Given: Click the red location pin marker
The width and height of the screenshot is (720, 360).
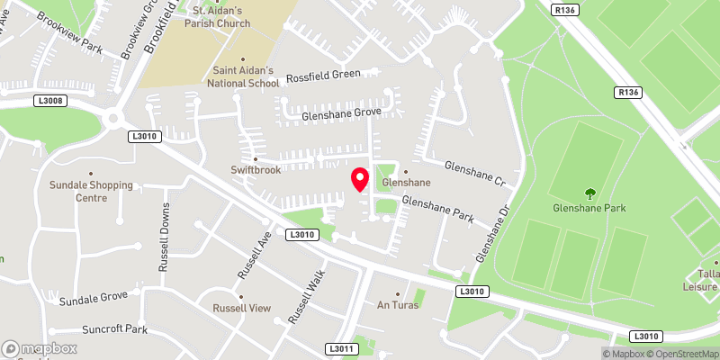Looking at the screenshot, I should (359, 180).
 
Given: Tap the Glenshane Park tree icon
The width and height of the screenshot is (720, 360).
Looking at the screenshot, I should (590, 193).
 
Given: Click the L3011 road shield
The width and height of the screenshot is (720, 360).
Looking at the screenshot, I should (340, 348).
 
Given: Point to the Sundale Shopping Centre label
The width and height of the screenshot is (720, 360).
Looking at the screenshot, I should (92, 192).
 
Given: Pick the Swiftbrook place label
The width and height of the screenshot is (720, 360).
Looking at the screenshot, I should (255, 169).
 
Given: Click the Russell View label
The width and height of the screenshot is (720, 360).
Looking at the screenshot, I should (241, 308).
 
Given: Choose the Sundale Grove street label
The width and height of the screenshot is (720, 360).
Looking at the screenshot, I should (94, 297).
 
